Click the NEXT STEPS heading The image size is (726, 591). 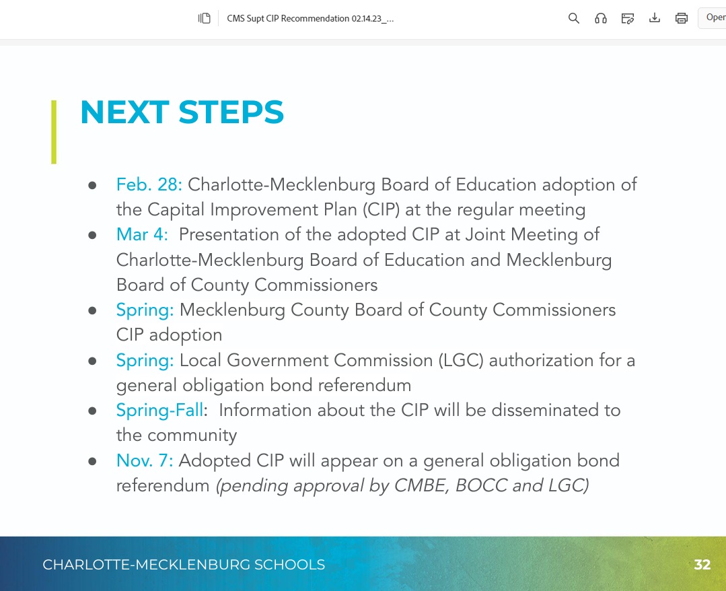tap(182, 112)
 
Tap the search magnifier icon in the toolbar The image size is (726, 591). tap(574, 18)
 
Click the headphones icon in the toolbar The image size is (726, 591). tap(601, 18)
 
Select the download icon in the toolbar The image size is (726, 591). tap(655, 18)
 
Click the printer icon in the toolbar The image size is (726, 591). tap(682, 18)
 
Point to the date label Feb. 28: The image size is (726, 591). tap(149, 184)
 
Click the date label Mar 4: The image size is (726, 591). tap(141, 234)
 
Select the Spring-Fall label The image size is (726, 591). tap(159, 410)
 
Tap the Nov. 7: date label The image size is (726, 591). tap(145, 460)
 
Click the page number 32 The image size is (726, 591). tap(702, 564)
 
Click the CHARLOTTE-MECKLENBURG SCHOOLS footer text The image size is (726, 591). tap(184, 564)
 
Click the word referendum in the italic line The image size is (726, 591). tap(163, 485)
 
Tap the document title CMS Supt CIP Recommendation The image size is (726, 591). tap(310, 18)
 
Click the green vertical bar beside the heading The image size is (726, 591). tap(54, 132)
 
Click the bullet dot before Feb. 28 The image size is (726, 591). tap(92, 185)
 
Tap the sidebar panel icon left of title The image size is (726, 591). tap(205, 18)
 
